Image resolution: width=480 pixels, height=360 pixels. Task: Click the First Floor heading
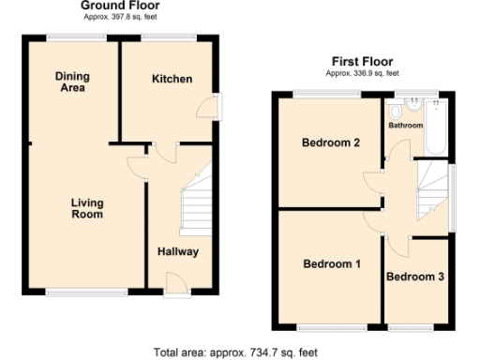pos(362,61)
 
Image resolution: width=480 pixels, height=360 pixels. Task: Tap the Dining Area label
pos(70,82)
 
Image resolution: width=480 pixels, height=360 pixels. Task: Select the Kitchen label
pos(172,79)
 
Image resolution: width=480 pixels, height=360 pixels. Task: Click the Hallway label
pos(177,251)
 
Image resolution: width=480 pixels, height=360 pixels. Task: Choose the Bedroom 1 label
pos(331,264)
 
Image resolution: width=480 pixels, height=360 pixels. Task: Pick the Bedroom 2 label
pos(331,143)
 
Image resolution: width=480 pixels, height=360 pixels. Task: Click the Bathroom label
pos(406,125)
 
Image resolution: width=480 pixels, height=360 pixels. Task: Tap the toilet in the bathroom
pos(394,106)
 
